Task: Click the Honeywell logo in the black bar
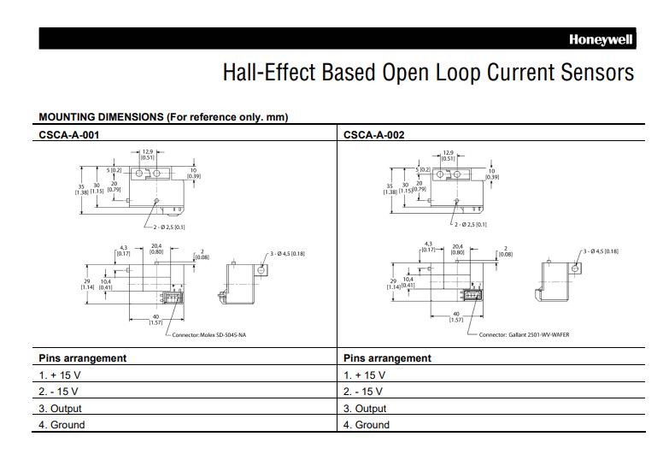pos(602,39)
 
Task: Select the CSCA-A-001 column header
pos(74,134)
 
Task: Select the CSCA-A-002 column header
pos(374,134)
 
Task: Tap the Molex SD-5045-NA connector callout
pos(212,334)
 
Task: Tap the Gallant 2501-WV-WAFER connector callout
pos(525,334)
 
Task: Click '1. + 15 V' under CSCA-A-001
pos(61,375)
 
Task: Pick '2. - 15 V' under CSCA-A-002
pos(364,392)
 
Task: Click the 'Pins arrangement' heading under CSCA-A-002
pos(387,358)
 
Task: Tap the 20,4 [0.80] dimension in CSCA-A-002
pos(457,249)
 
